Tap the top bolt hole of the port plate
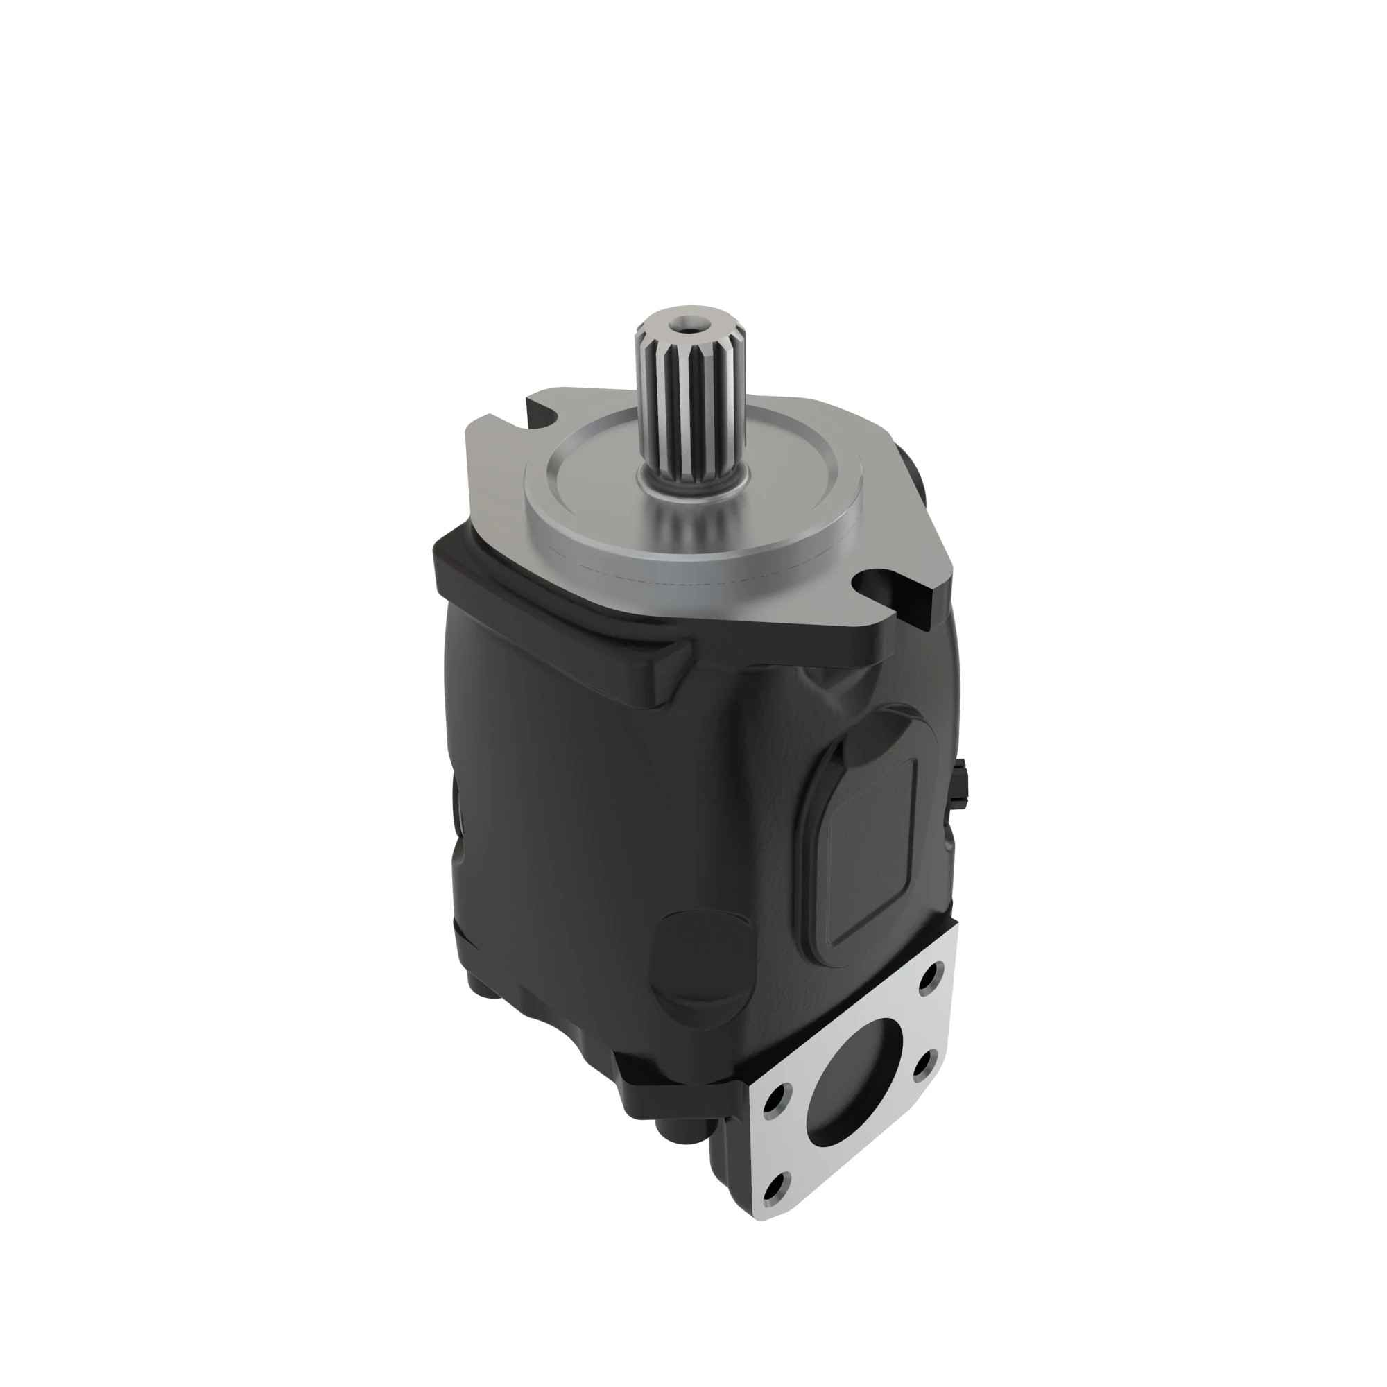pyautogui.click(x=931, y=977)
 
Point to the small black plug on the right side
pyautogui.click(x=962, y=782)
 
